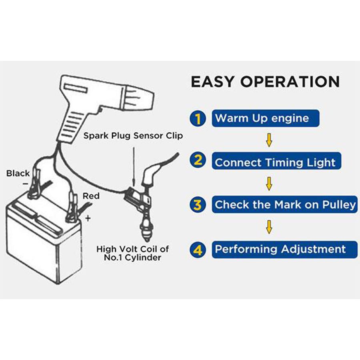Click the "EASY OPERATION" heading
click(x=265, y=82)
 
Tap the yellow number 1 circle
click(x=197, y=118)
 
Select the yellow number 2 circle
click(x=198, y=161)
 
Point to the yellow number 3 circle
click(x=198, y=204)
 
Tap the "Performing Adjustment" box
click(x=284, y=250)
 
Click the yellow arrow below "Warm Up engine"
click(x=269, y=140)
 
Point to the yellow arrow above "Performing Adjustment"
click(x=270, y=227)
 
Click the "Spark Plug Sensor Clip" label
click(x=133, y=136)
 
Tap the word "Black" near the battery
click(x=18, y=173)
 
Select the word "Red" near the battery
click(x=91, y=196)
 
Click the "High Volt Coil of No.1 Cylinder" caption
click(x=132, y=253)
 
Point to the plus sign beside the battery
click(x=88, y=218)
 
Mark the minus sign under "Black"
click(x=25, y=183)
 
